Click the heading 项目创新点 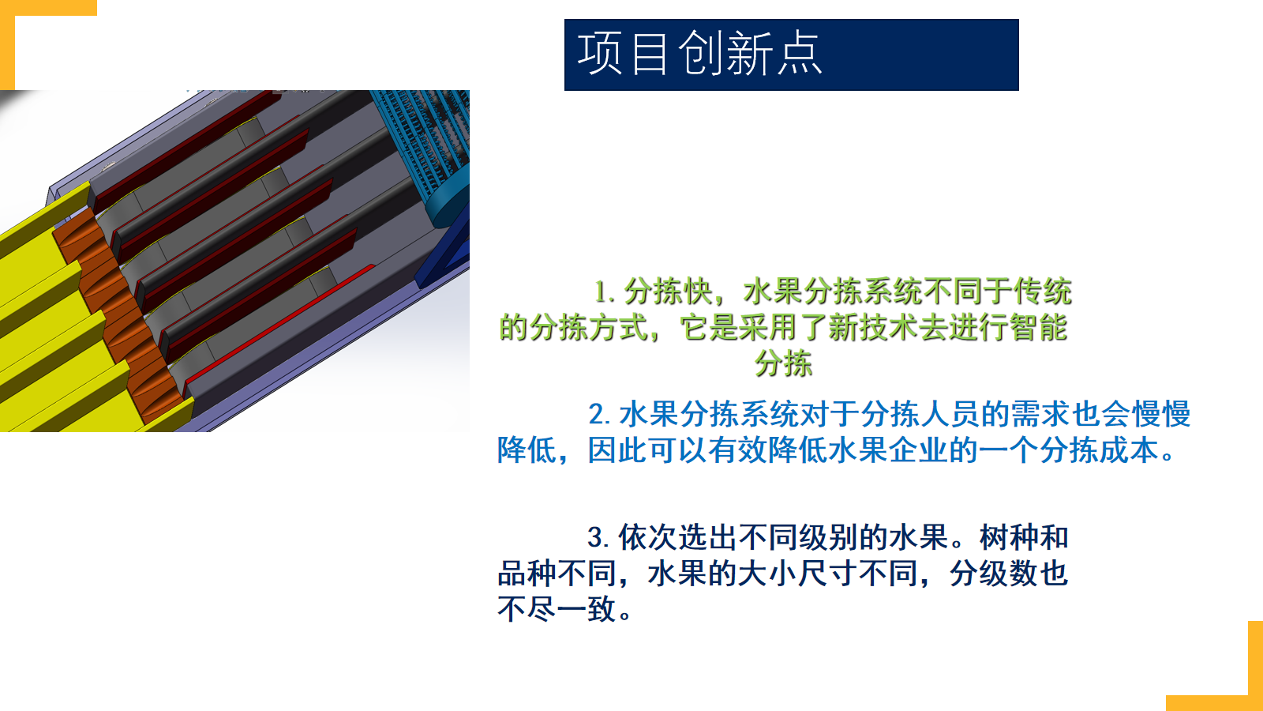pyautogui.click(x=699, y=54)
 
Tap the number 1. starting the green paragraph pyautogui.click(x=605, y=292)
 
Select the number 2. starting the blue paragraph pyautogui.click(x=600, y=414)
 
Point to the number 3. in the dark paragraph pyautogui.click(x=599, y=536)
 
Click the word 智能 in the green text pyautogui.click(x=1039, y=328)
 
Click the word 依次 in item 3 pyautogui.click(x=648, y=536)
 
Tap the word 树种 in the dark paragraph pyautogui.click(x=1010, y=536)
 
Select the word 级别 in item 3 pyautogui.click(x=829, y=536)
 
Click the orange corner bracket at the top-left pyautogui.click(x=7, y=45)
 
